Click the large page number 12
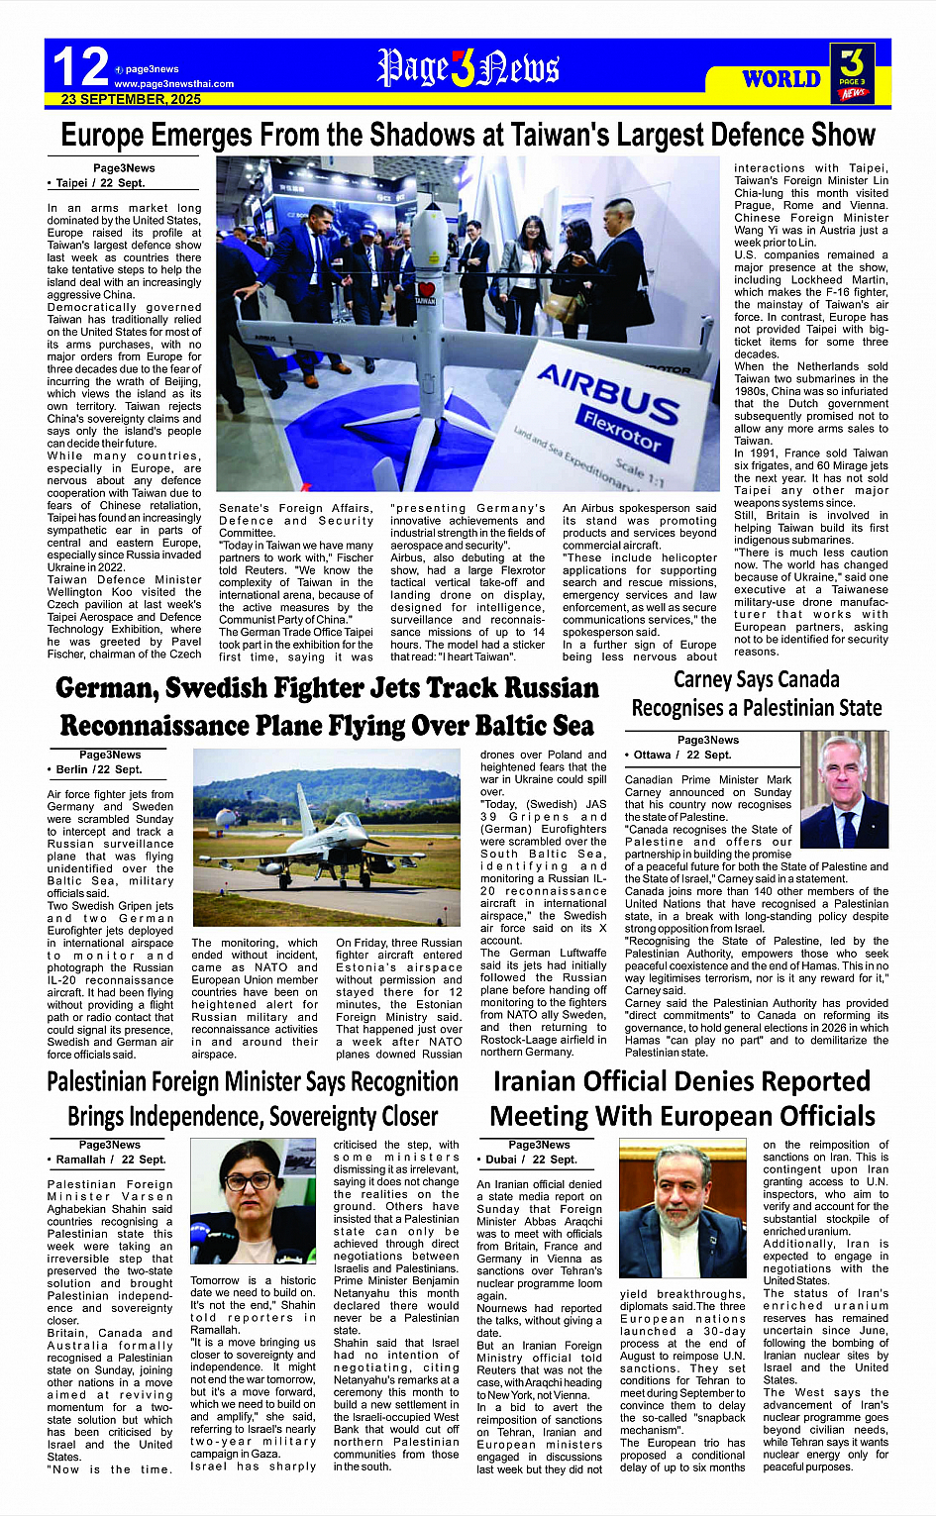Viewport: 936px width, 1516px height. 81,66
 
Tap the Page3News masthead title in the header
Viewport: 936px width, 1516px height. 468,67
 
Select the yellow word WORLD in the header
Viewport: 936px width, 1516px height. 781,78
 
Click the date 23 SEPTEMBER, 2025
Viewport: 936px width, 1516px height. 131,99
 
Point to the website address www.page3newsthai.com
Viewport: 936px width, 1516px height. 174,84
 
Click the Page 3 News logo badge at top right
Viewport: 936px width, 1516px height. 853,71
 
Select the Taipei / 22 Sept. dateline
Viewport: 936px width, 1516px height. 97,183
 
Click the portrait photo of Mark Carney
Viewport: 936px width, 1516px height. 844,789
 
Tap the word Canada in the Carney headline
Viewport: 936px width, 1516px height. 802,679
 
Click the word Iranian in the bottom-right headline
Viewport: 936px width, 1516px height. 557,1081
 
